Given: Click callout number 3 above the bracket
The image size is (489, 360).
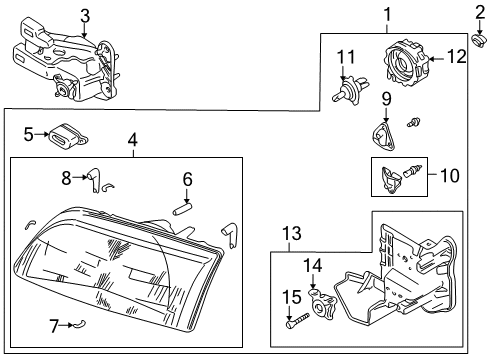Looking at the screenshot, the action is point(85,16).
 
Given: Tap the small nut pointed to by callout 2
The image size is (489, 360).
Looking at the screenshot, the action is point(479,41).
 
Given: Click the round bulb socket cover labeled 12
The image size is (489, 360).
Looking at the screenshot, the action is point(406,63).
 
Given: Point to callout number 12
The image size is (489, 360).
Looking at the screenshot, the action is point(457,57).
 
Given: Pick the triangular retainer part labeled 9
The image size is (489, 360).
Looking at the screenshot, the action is point(384,136).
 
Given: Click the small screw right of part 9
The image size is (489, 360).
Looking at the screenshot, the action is point(414,122).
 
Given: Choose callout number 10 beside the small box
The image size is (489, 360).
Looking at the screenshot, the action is point(450,175).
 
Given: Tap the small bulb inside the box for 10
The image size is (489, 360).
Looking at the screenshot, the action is point(413,170).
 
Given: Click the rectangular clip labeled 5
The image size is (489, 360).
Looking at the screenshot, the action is point(69,136).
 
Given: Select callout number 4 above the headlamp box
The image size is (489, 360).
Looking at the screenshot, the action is point(133,140).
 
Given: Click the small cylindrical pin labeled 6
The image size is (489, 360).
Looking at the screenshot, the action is point(182,208).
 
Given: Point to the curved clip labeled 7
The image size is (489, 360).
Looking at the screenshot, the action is point(80,323).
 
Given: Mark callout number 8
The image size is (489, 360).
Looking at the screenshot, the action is point(66,178).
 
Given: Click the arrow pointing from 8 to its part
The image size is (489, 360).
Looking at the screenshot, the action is point(80,177).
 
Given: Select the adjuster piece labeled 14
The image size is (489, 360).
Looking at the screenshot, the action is point(323,304).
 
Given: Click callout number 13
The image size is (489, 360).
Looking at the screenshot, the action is point(292,233).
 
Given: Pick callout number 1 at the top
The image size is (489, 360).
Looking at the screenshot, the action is point(387,14).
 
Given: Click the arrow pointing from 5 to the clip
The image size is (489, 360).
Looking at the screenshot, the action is point(42,134).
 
